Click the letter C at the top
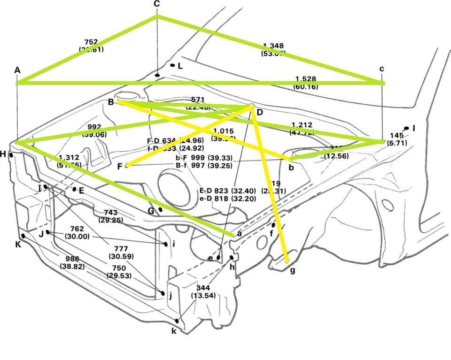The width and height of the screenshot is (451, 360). tap(157, 4)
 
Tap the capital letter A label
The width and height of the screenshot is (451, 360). tap(17, 70)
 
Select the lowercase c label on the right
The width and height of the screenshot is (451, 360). tap(382, 69)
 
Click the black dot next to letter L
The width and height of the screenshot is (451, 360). tap(172, 65)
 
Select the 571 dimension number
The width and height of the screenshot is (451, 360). tap(199, 100)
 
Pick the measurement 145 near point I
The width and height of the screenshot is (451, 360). tap(397, 136)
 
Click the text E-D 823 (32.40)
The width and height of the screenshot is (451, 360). tap(227, 191)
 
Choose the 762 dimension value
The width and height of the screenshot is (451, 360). tap(77, 229)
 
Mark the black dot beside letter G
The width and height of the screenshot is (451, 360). tap(161, 209)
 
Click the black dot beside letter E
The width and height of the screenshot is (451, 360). tap(74, 189)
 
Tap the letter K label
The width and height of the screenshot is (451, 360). tap(18, 244)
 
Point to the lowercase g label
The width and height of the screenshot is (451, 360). tap(292, 271)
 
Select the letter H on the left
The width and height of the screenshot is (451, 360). tap(3, 154)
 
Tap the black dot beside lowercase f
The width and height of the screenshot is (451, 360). tap(273, 225)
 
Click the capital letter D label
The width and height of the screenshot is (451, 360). tap(259, 113)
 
